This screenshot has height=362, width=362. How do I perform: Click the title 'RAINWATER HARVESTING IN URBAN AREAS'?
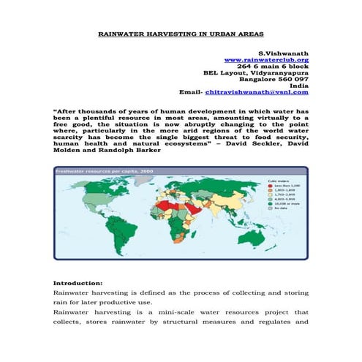(x=181, y=34)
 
